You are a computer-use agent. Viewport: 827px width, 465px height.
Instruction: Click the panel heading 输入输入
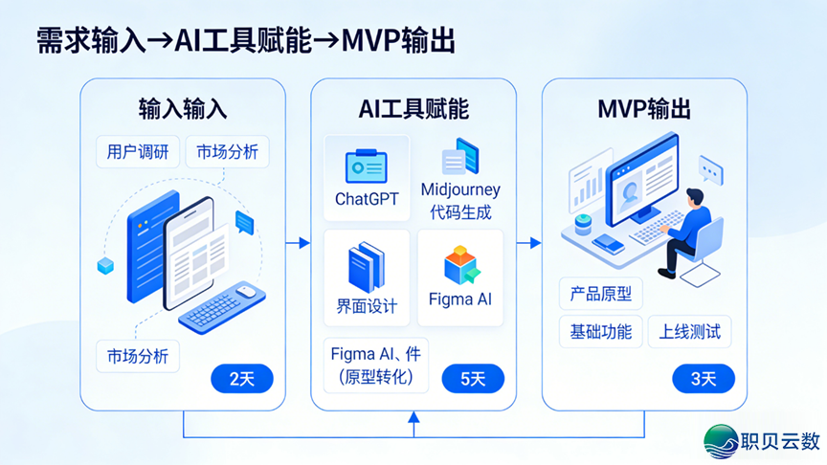(182, 108)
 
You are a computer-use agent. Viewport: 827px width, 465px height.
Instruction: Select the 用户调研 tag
(137, 152)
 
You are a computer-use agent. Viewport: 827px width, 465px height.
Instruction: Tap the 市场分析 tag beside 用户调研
(227, 152)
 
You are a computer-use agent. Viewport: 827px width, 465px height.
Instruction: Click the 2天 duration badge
(241, 379)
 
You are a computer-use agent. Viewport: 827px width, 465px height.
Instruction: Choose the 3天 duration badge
(704, 379)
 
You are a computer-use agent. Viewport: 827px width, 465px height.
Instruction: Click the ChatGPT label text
(366, 199)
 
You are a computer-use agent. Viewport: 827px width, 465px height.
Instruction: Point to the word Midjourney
(460, 189)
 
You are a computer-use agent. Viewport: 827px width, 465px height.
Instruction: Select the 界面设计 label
(366, 306)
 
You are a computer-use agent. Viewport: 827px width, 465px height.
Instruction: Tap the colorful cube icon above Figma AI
(460, 264)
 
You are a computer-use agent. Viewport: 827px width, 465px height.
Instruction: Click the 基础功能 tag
(601, 332)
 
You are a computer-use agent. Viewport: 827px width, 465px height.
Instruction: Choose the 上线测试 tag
(689, 332)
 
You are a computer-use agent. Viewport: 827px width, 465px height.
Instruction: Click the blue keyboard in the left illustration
(222, 308)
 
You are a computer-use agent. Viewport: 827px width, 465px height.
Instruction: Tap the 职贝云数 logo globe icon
(721, 441)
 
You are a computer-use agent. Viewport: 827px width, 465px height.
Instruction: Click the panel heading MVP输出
(644, 108)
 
